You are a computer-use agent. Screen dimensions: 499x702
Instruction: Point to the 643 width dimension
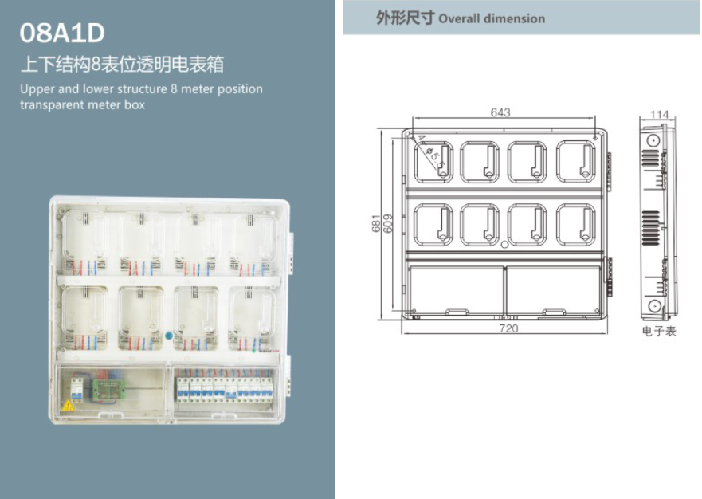500,112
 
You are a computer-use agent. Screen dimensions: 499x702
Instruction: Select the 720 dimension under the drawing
508,328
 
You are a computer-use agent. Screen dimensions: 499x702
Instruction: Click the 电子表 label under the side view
659,331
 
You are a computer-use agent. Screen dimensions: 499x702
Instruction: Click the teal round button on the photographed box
168,335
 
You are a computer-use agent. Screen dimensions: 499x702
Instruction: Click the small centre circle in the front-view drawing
504,244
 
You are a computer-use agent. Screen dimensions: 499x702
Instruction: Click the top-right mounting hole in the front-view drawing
596,138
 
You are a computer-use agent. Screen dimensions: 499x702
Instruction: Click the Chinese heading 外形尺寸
406,18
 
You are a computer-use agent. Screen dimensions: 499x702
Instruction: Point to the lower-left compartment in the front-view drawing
455,289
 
